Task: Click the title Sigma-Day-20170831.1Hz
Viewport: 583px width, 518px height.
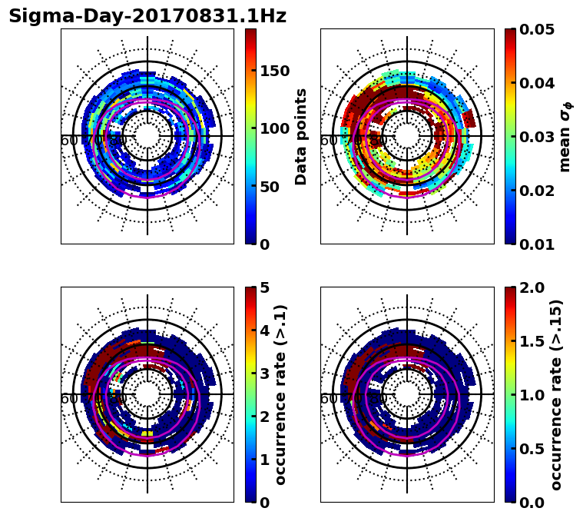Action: pyautogui.click(x=147, y=17)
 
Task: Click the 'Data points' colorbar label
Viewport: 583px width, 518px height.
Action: pyautogui.click(x=301, y=136)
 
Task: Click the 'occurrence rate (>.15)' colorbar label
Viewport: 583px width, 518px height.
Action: pyautogui.click(x=556, y=394)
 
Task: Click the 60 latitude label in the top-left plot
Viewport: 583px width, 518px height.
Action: pyautogui.click(x=68, y=141)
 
